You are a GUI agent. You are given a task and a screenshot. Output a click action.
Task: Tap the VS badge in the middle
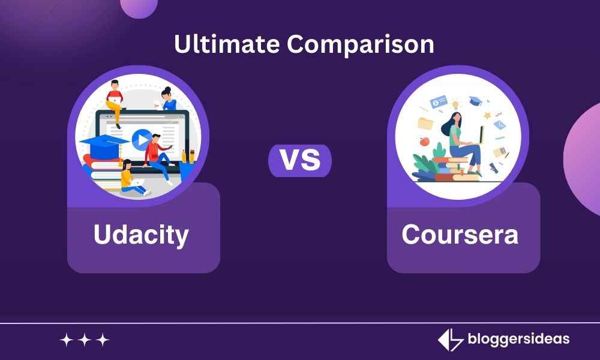pyautogui.click(x=299, y=161)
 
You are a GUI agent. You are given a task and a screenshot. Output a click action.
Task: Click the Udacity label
pyautogui.click(x=141, y=235)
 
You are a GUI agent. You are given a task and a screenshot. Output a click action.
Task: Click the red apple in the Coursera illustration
pyautogui.click(x=425, y=142)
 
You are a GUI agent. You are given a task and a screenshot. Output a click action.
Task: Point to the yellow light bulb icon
pyautogui.click(x=455, y=103)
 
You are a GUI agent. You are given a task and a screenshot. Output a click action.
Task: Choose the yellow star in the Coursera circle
pyautogui.click(x=487, y=114)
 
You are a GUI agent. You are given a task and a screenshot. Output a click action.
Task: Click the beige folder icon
pyautogui.click(x=425, y=123)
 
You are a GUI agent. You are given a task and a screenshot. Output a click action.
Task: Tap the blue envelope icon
pyautogui.click(x=499, y=125)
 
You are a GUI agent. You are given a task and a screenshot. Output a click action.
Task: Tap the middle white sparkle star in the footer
pyautogui.click(x=85, y=340)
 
